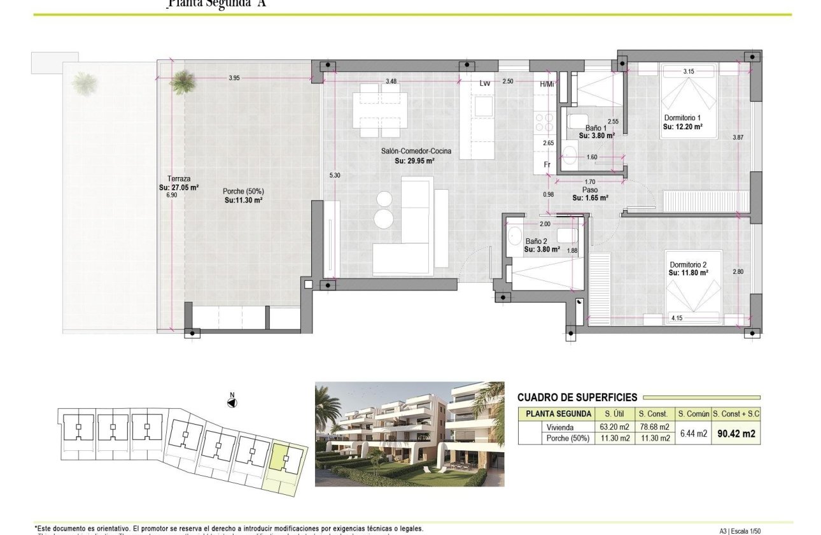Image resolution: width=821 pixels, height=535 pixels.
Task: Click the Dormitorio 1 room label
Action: [682, 118]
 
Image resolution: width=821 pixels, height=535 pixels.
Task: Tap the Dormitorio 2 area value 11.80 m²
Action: [689, 273]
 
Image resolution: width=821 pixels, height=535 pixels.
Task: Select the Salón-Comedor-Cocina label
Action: [407, 151]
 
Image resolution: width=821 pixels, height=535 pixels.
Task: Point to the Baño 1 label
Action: [596, 127]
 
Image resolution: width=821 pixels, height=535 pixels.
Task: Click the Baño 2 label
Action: [536, 241]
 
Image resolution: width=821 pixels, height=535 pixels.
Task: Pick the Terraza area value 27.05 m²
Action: [179, 188]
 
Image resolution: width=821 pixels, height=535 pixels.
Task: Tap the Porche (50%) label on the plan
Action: [243, 191]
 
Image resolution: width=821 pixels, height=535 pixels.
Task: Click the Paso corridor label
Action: [589, 190]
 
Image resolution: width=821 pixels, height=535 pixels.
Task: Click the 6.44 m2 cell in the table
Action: [693, 433]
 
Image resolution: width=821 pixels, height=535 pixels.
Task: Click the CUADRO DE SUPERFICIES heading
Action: [577, 397]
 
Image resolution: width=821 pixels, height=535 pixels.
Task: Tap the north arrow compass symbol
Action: [232, 402]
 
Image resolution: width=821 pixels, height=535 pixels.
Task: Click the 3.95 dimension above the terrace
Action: [234, 78]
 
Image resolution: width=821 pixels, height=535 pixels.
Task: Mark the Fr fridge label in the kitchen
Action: [546, 164]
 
